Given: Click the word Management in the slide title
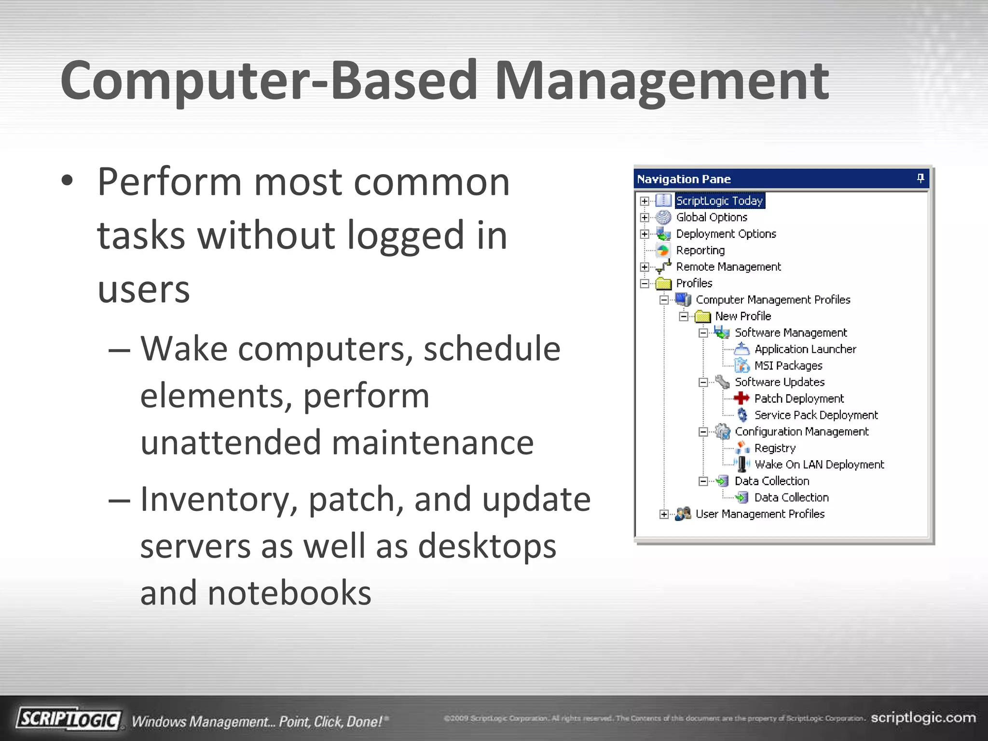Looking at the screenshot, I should point(661,81).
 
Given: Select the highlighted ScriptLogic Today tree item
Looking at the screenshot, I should point(719,201).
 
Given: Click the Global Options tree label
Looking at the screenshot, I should point(711,218).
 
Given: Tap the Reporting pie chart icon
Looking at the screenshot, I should point(663,250).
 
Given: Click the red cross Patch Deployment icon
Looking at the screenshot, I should point(741,398).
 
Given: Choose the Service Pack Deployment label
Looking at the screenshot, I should point(816,415).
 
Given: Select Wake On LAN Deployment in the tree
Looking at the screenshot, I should point(819,465).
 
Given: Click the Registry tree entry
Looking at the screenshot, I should point(775,448).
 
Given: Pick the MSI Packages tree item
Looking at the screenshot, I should point(788,366).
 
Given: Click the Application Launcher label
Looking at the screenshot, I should point(805,349).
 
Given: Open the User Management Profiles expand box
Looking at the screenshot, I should point(664,514).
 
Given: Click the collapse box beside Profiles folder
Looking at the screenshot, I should point(645,284).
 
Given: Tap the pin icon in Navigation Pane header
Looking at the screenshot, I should point(920,178).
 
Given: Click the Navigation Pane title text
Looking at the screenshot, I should point(684,179).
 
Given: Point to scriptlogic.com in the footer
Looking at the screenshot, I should point(923,718).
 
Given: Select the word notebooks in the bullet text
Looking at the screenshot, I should point(289,593).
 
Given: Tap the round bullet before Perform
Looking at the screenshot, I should point(67,181).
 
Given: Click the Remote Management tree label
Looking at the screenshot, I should point(728,267).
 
